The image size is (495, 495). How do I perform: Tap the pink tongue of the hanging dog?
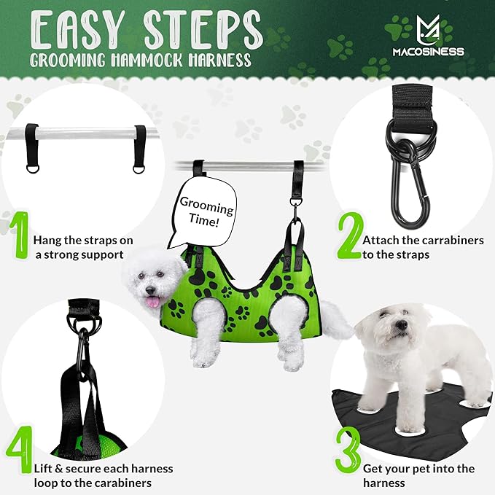click(152, 301)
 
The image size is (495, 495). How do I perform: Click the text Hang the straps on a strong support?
click(78, 246)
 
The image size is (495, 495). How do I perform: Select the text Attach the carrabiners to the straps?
click(423, 246)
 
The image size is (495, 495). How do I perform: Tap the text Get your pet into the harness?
click(416, 475)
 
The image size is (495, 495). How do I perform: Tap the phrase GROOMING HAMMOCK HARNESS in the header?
click(141, 59)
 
